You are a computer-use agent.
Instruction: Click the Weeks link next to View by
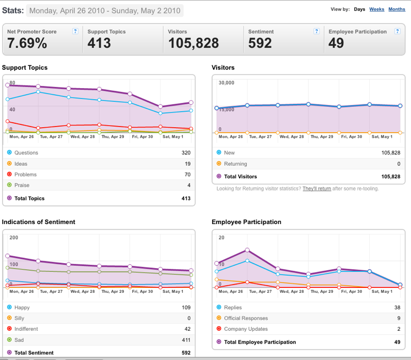377,9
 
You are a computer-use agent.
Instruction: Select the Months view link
397,9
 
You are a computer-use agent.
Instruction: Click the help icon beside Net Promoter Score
75,31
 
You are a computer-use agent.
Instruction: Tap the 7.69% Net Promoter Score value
27,43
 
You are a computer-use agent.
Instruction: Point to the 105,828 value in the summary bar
193,43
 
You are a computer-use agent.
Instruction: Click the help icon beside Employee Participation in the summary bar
397,31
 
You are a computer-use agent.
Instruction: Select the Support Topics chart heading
25,68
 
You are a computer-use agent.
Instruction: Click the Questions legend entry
26,152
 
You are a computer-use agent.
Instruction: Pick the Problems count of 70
187,174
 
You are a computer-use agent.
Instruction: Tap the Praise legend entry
21,185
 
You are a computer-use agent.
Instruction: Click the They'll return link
317,188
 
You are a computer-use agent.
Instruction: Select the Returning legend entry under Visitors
235,163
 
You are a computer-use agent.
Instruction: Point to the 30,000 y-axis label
226,83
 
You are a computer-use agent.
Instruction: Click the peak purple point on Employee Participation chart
247,250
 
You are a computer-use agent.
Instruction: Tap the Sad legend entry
19,340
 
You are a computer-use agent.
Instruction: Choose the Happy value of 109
186,307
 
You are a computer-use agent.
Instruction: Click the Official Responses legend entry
246,318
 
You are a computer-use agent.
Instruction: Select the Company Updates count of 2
399,329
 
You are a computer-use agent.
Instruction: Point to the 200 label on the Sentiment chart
14,238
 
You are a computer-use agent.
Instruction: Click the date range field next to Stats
105,11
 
